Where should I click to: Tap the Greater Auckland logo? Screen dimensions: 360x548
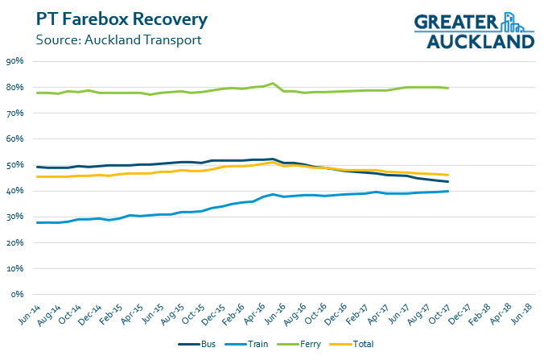[474, 31]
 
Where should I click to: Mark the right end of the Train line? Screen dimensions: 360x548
[447, 191]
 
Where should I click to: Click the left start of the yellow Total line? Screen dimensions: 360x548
[38, 176]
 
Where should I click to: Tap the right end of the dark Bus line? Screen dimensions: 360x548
[447, 182]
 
